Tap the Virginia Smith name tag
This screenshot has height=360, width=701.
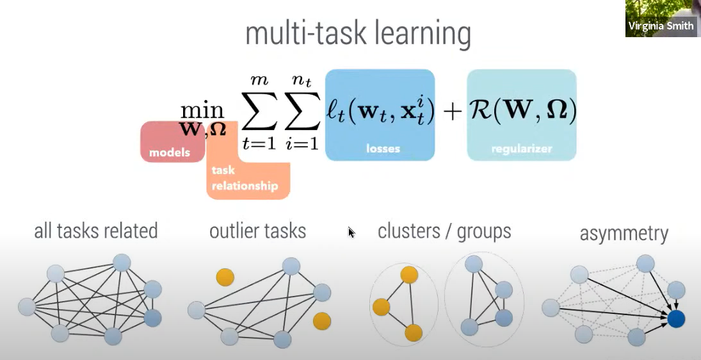pos(661,26)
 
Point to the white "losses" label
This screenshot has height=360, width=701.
pos(383,149)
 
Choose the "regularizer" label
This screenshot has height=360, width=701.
pos(522,149)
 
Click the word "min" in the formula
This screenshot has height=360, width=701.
pos(202,110)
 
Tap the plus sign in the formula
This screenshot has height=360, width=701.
pos(451,111)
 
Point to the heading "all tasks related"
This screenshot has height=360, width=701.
pos(96,231)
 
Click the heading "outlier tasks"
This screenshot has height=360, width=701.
pos(257,231)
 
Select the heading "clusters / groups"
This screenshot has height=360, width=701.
pos(444,231)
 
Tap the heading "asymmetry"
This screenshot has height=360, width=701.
pos(624,233)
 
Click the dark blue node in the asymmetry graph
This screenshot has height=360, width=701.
pos(675,318)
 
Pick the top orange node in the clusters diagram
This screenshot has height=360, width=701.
pos(409,275)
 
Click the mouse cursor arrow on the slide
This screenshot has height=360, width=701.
pos(351,232)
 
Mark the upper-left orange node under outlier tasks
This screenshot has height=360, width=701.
pos(225,277)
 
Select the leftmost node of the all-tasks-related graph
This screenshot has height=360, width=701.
pos(27,307)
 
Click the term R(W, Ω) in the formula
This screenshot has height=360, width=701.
pos(522,111)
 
